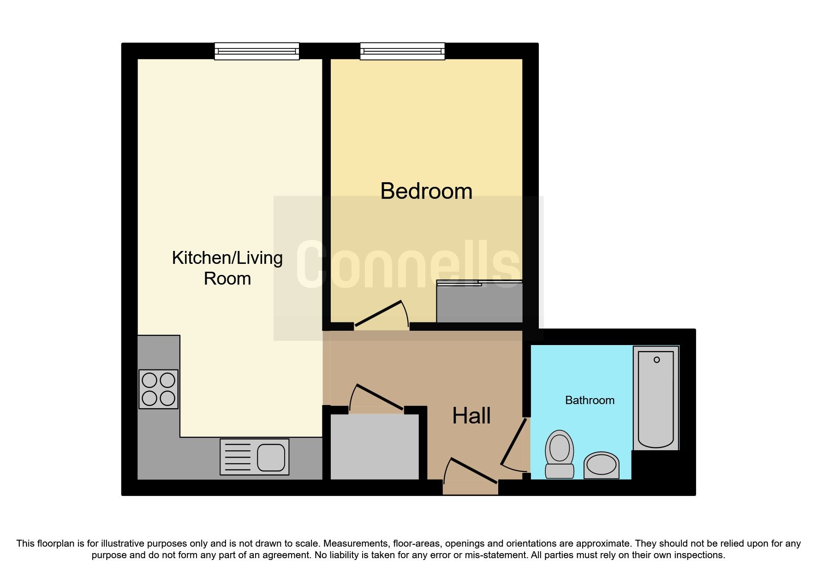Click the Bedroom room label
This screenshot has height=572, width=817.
(x=426, y=191)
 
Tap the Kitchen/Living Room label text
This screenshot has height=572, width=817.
(x=227, y=268)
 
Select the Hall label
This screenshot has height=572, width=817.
(x=471, y=416)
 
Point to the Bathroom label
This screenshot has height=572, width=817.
(x=590, y=400)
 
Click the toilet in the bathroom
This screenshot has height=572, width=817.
(x=560, y=454)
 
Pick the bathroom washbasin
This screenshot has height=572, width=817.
(x=602, y=465)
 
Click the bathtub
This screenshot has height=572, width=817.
(x=656, y=398)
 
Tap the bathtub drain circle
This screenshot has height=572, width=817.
(x=656, y=360)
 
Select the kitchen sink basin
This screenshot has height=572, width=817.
(x=271, y=457)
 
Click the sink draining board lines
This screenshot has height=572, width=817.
(x=238, y=457)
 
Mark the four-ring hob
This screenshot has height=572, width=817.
(x=158, y=389)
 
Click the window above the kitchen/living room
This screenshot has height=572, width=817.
(x=257, y=51)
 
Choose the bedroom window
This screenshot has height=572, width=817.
(x=402, y=51)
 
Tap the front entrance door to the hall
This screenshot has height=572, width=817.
(x=471, y=471)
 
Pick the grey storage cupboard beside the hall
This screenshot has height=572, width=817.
(x=375, y=447)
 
